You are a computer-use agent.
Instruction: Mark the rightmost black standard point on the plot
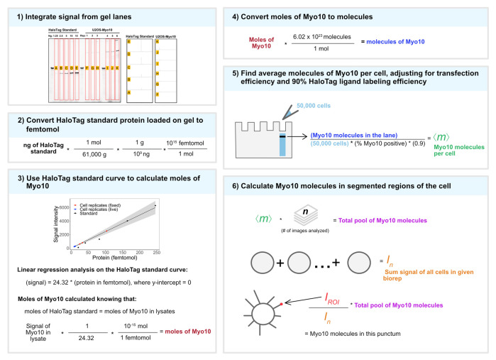(175, 206)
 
